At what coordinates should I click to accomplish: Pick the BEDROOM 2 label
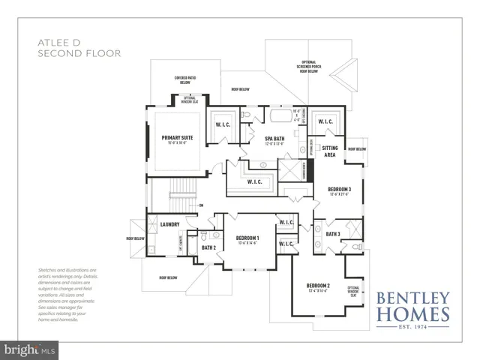[318, 286]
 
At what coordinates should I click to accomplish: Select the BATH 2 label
[208, 247]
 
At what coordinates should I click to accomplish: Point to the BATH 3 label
[333, 234]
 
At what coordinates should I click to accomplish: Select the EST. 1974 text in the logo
[414, 327]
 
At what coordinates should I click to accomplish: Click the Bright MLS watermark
[29, 349]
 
